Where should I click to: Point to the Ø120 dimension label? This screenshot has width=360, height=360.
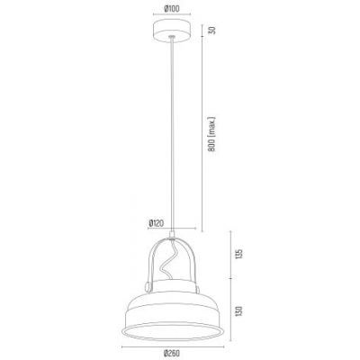click(x=154, y=221)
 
